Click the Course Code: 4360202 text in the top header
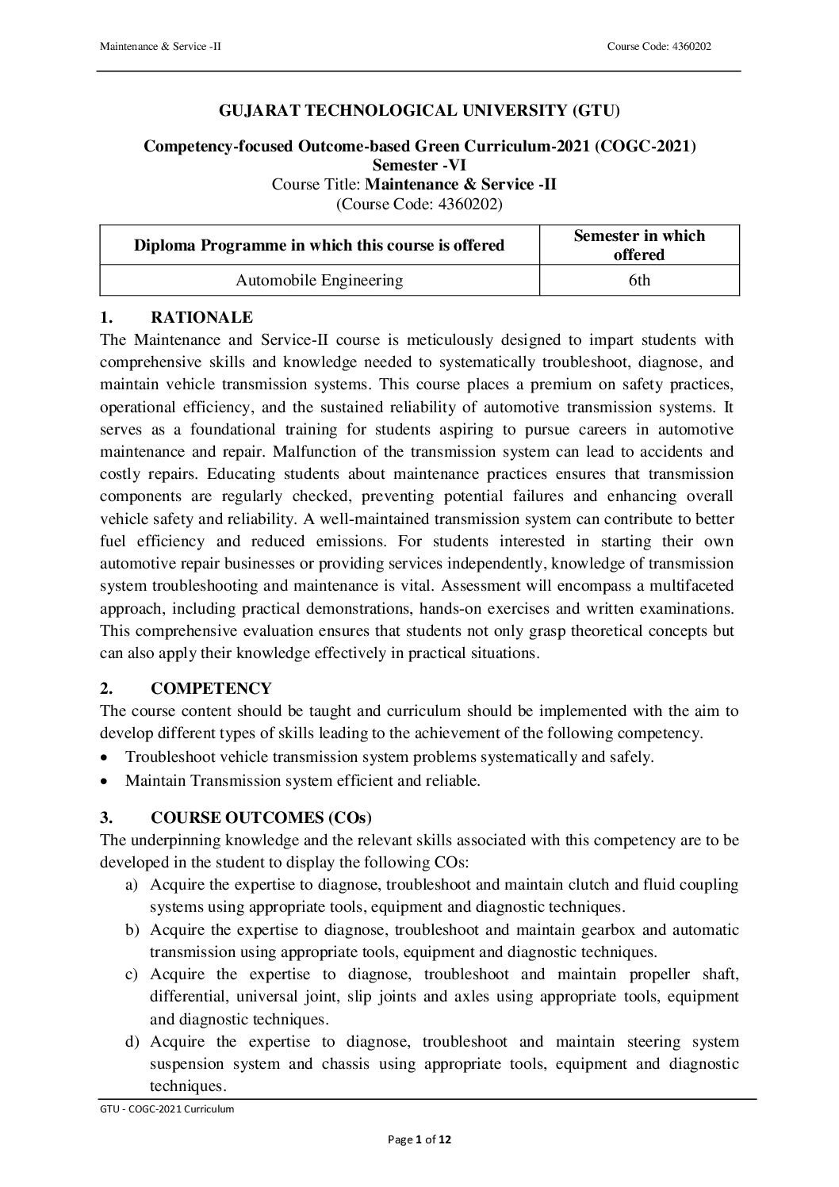(658, 47)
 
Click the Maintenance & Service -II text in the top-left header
(160, 47)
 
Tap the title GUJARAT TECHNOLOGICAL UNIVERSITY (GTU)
(419, 111)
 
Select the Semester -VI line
(419, 165)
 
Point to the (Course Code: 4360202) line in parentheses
(419, 203)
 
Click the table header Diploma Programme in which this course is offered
(319, 245)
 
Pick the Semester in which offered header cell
(639, 245)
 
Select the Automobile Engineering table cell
(319, 280)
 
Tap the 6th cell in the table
(639, 280)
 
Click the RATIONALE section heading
(201, 318)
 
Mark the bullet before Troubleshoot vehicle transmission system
(106, 757)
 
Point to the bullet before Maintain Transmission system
(106, 781)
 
